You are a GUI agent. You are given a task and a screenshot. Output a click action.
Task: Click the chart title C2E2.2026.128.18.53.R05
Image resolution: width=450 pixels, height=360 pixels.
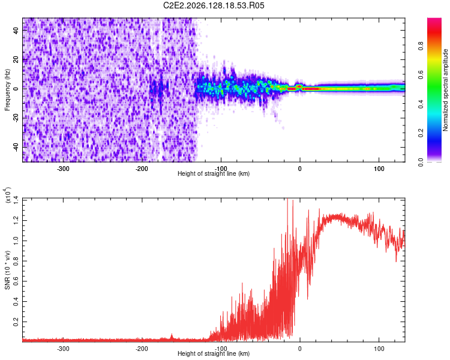pos(214,5)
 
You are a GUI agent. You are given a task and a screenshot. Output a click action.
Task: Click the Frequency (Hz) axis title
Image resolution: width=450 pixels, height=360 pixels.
pos(7,90)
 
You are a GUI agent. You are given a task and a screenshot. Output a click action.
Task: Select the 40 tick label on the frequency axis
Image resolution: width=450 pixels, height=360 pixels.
pos(16,31)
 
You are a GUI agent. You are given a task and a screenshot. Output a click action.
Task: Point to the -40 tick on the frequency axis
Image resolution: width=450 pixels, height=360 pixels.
pos(16,147)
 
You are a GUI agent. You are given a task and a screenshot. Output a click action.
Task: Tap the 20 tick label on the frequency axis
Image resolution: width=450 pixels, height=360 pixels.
pos(16,60)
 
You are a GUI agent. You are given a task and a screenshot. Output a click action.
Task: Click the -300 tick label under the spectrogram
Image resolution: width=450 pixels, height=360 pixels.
pos(63,169)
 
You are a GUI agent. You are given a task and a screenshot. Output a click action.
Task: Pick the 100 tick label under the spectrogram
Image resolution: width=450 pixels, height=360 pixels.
pos(379,169)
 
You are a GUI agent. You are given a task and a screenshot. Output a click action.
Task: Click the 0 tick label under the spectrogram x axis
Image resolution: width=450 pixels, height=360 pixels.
pos(300,169)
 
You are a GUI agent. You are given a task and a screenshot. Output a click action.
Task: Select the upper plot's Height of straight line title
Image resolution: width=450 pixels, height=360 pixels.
pos(214,173)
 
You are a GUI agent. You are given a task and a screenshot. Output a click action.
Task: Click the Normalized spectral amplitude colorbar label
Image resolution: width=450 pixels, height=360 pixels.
pos(445,90)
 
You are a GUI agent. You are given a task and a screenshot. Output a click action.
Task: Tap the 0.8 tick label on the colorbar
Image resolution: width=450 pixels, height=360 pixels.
pos(421,46)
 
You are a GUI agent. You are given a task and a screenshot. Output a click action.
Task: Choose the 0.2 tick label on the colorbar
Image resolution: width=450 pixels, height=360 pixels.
pos(421,133)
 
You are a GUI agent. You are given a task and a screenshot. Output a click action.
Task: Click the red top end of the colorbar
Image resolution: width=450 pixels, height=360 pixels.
pos(434,20)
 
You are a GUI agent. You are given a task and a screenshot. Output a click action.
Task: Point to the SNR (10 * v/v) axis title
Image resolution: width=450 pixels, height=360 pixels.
pos(7,270)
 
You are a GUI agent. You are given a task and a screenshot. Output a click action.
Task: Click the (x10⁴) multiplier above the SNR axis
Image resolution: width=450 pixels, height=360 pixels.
pos(7,195)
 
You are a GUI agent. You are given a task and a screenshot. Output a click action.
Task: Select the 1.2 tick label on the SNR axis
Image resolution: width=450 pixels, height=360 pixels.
pos(16,220)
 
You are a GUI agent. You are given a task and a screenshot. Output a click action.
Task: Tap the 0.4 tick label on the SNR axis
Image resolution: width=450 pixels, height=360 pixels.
pos(16,301)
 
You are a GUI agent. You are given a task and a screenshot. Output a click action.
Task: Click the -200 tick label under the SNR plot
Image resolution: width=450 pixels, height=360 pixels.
pos(142,349)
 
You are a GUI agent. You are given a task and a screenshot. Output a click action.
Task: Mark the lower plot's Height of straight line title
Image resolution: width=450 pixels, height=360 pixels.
pos(214,353)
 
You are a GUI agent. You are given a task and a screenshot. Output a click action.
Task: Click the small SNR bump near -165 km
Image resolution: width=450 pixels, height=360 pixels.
pos(172,336)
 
